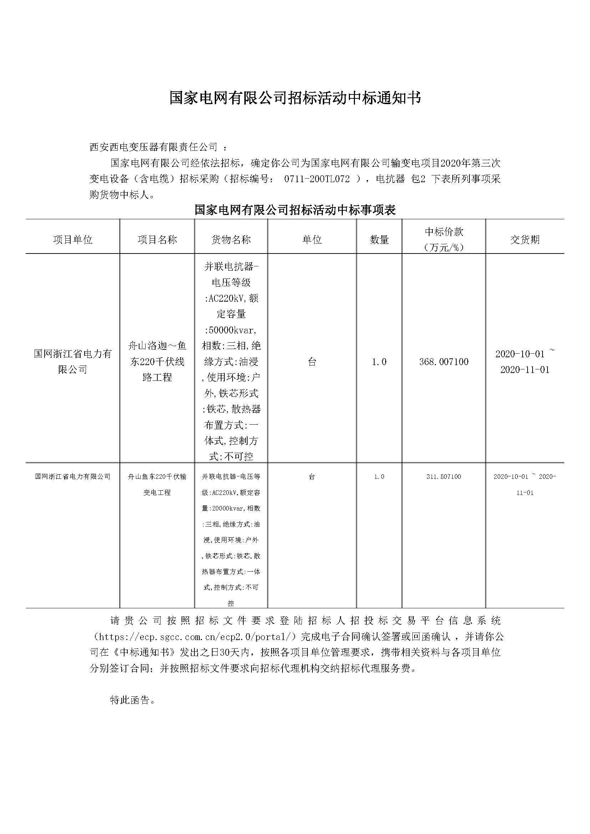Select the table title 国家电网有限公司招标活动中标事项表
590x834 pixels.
point(295,210)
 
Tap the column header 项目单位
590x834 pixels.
point(73,239)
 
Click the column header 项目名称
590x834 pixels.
point(157,239)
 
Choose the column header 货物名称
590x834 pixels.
point(231,239)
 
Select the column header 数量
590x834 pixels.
point(379,239)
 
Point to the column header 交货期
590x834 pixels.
point(525,239)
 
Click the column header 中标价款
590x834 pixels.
point(444,232)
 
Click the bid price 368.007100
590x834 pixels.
point(444,362)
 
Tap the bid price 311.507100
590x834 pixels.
point(444,477)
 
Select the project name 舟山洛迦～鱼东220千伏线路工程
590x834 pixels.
point(157,362)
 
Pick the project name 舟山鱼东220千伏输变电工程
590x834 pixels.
point(157,484)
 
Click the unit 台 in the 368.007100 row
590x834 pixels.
point(312,362)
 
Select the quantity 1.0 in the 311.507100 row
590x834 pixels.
point(379,477)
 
